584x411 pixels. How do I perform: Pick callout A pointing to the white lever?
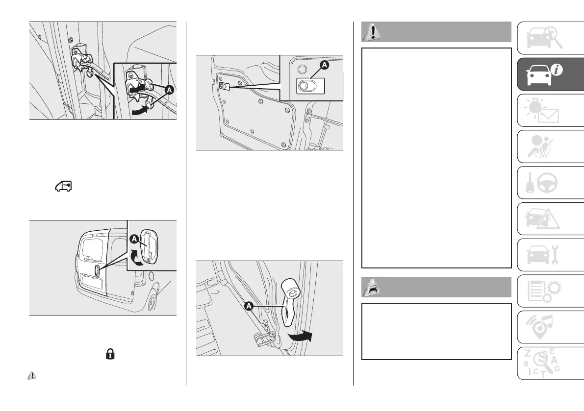click(x=249, y=305)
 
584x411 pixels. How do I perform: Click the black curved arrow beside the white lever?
click(x=300, y=336)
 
